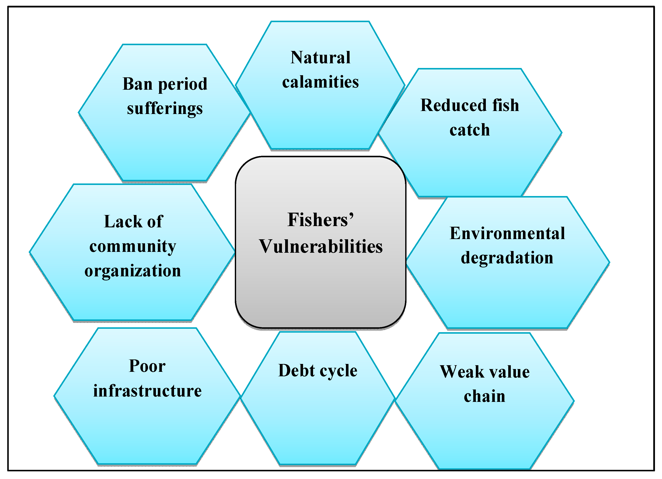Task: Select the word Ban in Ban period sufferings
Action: [x=138, y=84]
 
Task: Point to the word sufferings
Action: [x=165, y=108]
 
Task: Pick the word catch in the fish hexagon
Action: [x=469, y=130]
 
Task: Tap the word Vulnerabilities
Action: [x=321, y=246]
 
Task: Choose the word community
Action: [x=133, y=246]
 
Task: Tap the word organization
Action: [x=133, y=271]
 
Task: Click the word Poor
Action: [x=147, y=366]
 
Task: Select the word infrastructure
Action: [x=147, y=391]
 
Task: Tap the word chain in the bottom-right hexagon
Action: [x=484, y=397]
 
